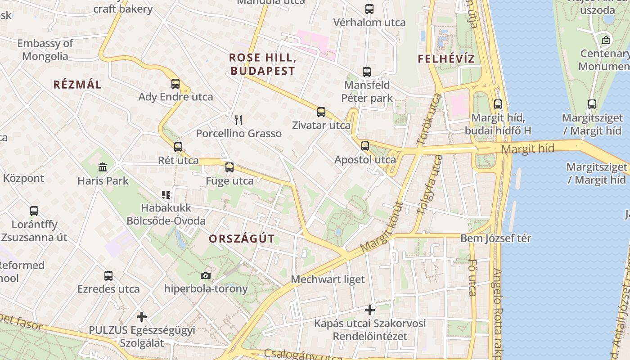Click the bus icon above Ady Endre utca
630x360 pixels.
(175, 83)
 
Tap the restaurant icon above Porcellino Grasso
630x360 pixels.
(238, 120)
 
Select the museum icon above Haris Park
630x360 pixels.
(103, 167)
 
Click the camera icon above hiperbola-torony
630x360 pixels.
(206, 275)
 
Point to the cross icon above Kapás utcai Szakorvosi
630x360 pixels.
(370, 310)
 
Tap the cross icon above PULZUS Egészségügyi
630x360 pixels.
(142, 317)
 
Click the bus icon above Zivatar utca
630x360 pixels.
(321, 112)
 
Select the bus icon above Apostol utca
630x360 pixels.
(365, 146)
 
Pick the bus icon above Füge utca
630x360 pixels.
(229, 167)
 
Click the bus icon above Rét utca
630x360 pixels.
(178, 147)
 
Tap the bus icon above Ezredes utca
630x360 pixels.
(108, 276)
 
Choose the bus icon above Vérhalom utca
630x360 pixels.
(369, 9)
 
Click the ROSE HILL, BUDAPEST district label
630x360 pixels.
(262, 64)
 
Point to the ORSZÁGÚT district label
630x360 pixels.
(242, 239)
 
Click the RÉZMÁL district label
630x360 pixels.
(77, 84)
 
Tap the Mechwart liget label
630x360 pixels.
(328, 279)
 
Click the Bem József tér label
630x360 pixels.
(495, 238)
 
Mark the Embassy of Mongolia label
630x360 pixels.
(45, 50)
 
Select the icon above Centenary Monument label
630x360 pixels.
(606, 40)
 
